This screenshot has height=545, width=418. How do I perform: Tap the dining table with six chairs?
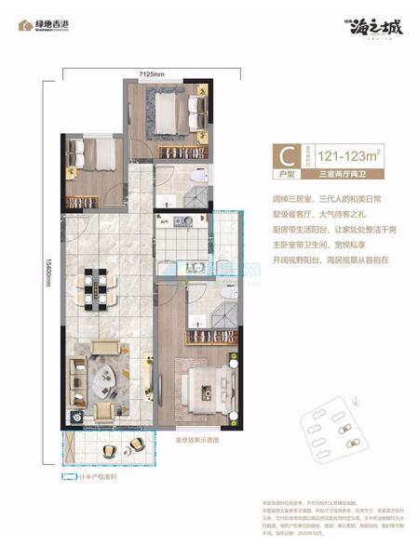coord(97,287)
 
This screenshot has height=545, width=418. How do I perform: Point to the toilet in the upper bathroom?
coord(196,176)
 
